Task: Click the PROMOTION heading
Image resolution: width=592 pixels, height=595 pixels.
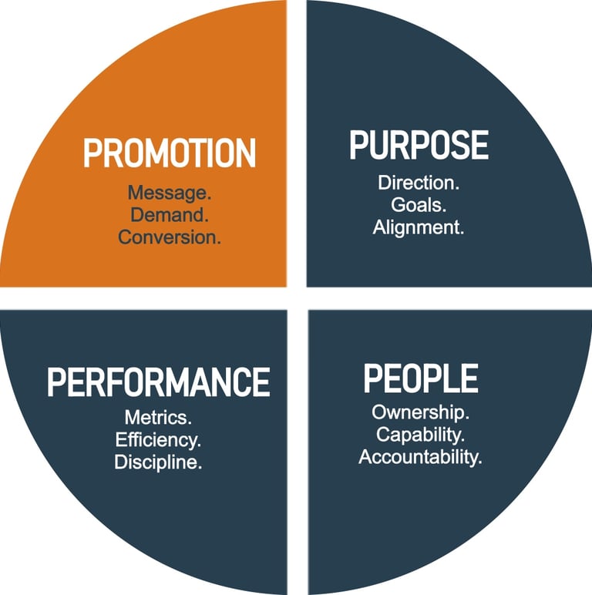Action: [x=169, y=153]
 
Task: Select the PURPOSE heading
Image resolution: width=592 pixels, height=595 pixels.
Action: [x=419, y=146]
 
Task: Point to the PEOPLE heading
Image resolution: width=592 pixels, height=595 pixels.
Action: [x=420, y=378]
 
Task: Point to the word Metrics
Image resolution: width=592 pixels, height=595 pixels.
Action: [x=159, y=418]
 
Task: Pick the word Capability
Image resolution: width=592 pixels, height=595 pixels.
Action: [x=420, y=434]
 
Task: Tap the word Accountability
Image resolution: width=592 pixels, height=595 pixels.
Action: [x=420, y=456]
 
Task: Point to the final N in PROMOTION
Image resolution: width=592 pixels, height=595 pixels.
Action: [x=245, y=153]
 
